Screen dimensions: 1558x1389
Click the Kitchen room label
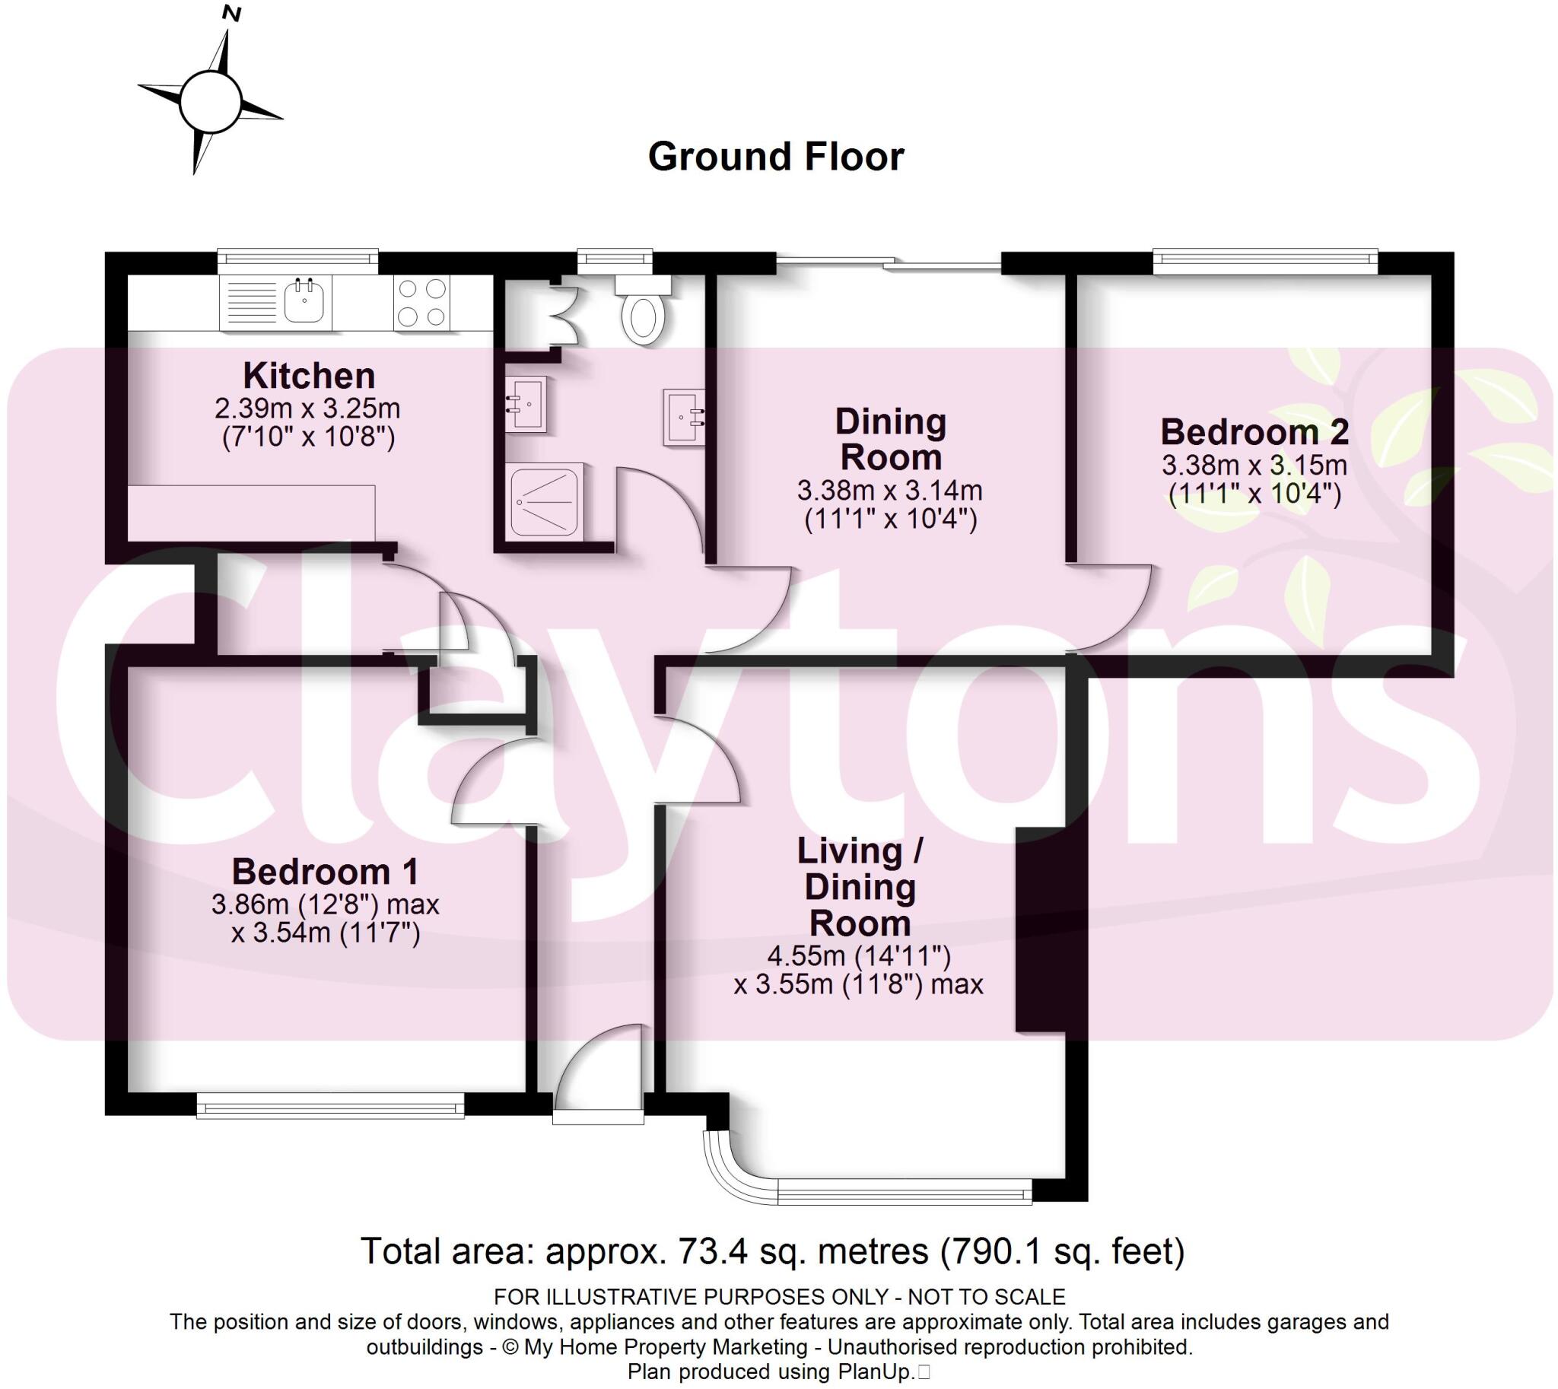coord(309,376)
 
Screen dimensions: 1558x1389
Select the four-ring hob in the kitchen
coord(422,303)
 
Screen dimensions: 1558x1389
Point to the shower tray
coord(544,500)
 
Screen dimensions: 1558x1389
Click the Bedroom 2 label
coord(1254,432)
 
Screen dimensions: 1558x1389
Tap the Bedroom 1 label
coord(326,872)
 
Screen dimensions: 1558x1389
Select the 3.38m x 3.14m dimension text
coord(890,490)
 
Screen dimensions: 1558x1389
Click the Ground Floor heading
coord(775,157)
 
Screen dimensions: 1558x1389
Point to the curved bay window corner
coord(733,1174)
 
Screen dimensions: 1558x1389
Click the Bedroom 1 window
coord(330,1105)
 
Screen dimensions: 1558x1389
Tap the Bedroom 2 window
coord(1265,262)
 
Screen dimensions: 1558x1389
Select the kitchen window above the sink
coord(297,261)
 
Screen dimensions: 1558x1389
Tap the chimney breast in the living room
coord(1040,930)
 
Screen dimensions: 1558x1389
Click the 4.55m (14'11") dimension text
coord(859,955)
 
